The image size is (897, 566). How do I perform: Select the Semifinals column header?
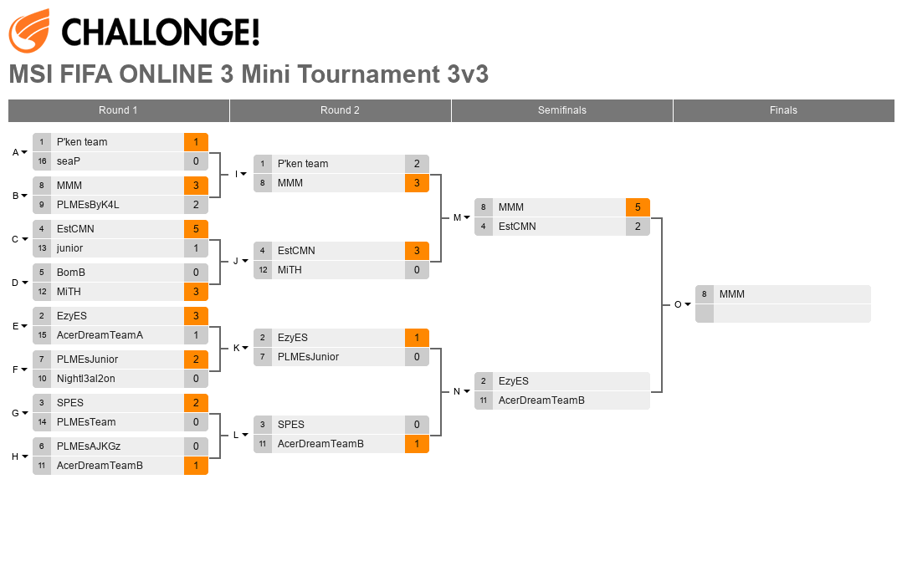tap(561, 110)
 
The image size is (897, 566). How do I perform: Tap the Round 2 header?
tap(340, 110)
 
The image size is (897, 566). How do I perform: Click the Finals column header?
tap(783, 110)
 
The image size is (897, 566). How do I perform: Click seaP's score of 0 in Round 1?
tap(196, 161)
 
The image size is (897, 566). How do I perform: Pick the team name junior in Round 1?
tap(69, 248)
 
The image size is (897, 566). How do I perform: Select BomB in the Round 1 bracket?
tap(71, 273)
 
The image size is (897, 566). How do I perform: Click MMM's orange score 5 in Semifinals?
tap(638, 207)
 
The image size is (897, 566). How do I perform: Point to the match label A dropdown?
tap(19, 152)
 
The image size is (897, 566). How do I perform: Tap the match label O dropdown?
tap(682, 304)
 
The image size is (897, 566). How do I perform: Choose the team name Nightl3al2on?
tap(86, 379)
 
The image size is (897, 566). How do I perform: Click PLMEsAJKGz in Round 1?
tap(89, 446)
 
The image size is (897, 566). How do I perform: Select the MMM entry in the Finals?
tap(731, 293)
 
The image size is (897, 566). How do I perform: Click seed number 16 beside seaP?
tap(42, 161)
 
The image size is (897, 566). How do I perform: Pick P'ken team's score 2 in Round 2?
tap(417, 164)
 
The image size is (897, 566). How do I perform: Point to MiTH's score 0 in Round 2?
tap(417, 270)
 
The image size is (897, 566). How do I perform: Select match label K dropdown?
tap(240, 348)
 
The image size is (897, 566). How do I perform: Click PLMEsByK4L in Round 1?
tap(88, 205)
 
